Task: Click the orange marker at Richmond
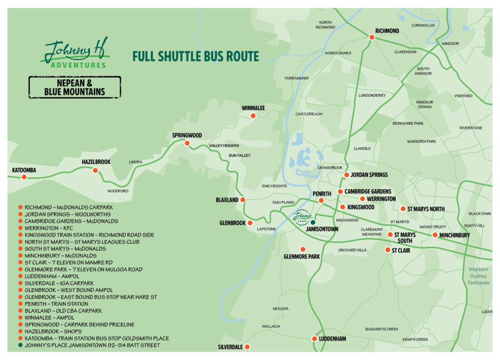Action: point(372,37)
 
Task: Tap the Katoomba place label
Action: point(24,170)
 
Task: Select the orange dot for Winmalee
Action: point(253,116)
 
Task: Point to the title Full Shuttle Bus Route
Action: point(195,57)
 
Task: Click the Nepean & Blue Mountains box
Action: point(75,87)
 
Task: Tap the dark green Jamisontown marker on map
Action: point(313,222)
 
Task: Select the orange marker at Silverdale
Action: point(247,347)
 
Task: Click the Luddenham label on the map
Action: point(333,339)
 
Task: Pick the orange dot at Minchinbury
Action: point(435,235)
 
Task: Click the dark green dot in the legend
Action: point(20,345)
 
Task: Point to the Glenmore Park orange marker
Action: point(303,249)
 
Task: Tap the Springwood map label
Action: point(187,135)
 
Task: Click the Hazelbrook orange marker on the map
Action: point(95,170)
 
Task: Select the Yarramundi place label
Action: point(296,78)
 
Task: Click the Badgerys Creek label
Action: point(382,329)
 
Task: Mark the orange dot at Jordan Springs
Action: point(346,175)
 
